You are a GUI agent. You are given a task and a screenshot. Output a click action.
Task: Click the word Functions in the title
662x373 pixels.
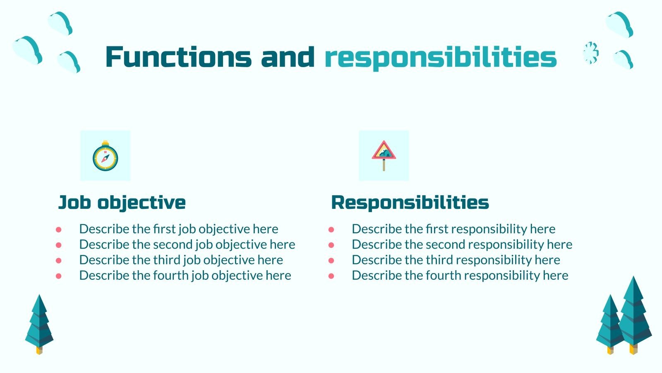(x=178, y=57)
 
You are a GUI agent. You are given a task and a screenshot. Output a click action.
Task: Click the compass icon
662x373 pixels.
(x=105, y=157)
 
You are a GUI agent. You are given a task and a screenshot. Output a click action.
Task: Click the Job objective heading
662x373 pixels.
(x=122, y=202)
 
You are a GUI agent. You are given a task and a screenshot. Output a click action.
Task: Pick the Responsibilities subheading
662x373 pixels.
(x=410, y=202)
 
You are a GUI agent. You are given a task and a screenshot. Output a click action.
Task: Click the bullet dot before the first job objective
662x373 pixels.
(x=59, y=229)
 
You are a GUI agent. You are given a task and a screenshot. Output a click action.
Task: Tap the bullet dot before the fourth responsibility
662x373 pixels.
(x=331, y=276)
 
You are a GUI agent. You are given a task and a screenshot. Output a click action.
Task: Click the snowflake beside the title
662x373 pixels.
(x=591, y=53)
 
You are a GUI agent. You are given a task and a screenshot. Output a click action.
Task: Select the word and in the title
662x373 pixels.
(x=288, y=57)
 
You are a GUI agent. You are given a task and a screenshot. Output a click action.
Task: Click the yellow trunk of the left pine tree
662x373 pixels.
(x=39, y=350)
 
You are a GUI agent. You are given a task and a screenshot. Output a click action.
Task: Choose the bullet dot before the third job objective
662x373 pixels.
(x=59, y=260)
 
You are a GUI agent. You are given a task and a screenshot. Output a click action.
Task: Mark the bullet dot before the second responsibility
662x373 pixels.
(x=331, y=245)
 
